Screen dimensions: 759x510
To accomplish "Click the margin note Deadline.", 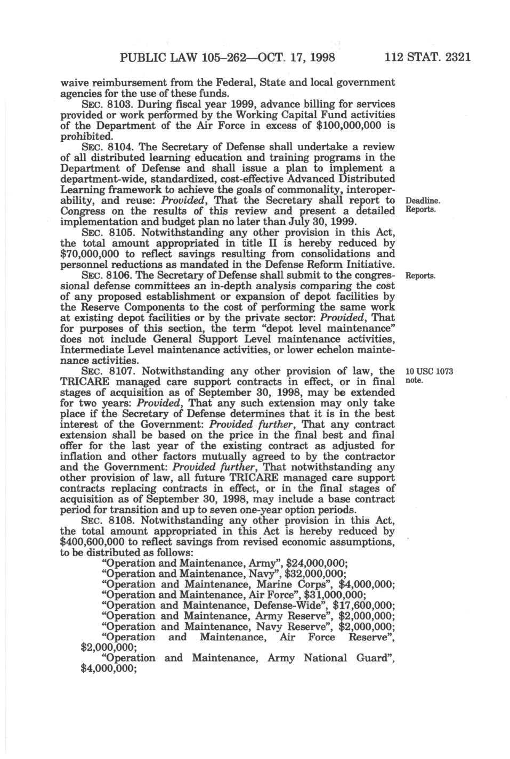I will click(x=423, y=201).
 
